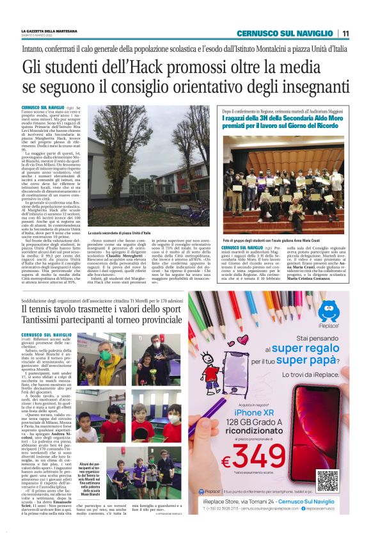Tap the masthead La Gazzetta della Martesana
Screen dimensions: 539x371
pyautogui.click(x=49, y=31)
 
